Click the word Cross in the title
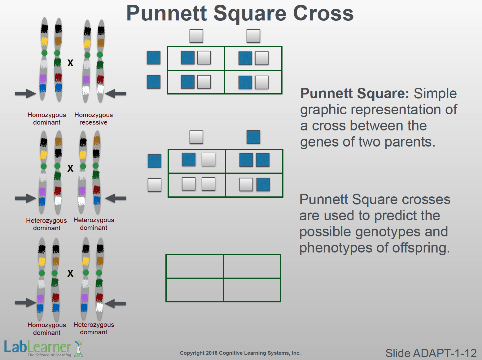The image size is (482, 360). click(x=323, y=13)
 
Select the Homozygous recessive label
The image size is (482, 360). click(x=94, y=119)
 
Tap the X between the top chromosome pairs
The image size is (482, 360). click(x=70, y=63)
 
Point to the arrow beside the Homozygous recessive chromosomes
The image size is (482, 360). click(x=116, y=94)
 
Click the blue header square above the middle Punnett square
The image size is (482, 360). click(x=253, y=137)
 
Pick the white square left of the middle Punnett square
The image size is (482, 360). click(x=154, y=185)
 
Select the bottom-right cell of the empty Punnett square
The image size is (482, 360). click(x=252, y=290)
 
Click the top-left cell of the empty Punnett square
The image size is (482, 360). click(x=195, y=266)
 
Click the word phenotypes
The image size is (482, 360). click(x=336, y=248)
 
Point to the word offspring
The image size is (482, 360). click(x=421, y=248)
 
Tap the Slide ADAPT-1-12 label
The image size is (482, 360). click(x=431, y=353)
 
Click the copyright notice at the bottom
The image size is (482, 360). click(x=240, y=353)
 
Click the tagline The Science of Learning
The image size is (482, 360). click(x=49, y=355)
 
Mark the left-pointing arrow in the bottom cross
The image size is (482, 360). click(x=115, y=304)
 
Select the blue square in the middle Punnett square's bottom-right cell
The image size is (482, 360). click(x=263, y=184)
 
